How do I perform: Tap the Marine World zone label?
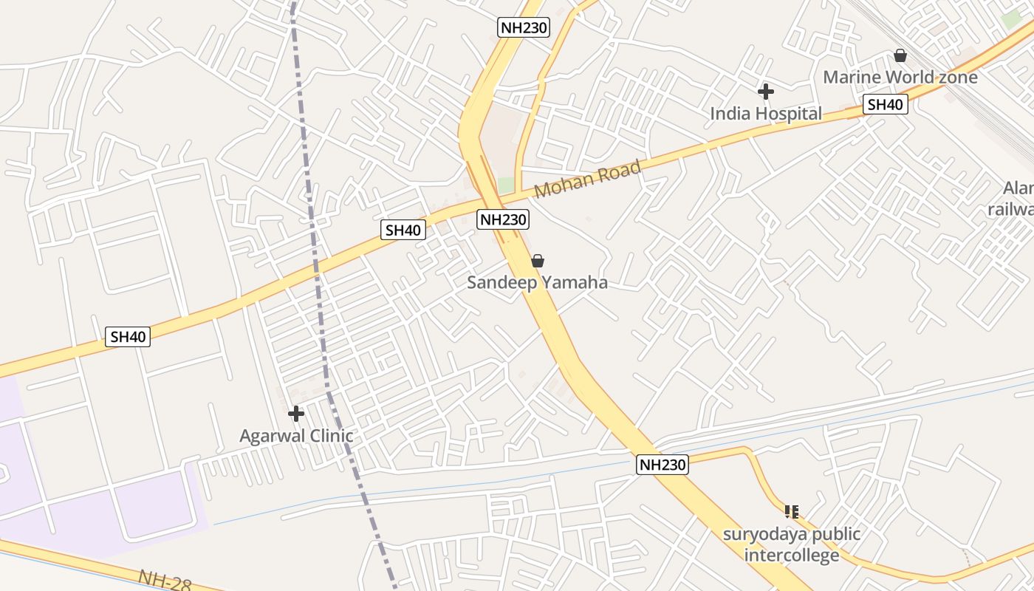[900, 77]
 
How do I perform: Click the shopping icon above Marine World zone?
[900, 55]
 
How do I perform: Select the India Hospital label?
[765, 113]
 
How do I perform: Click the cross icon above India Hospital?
[765, 92]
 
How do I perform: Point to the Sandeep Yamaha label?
[537, 282]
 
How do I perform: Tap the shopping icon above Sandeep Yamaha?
[538, 261]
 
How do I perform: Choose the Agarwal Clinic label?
[296, 436]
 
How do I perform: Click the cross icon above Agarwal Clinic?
[296, 414]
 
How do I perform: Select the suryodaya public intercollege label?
[792, 544]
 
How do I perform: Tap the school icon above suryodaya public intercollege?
[792, 511]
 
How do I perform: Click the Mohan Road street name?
[587, 180]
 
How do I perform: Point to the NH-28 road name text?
[165, 581]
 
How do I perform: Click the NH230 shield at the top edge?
[524, 28]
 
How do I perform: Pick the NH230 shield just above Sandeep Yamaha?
[504, 219]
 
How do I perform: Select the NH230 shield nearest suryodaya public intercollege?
[662, 465]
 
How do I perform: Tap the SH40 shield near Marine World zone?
[886, 105]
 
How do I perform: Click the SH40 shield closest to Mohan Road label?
[403, 230]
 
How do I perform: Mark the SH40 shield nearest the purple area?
[128, 337]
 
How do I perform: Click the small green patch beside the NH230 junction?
[505, 185]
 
